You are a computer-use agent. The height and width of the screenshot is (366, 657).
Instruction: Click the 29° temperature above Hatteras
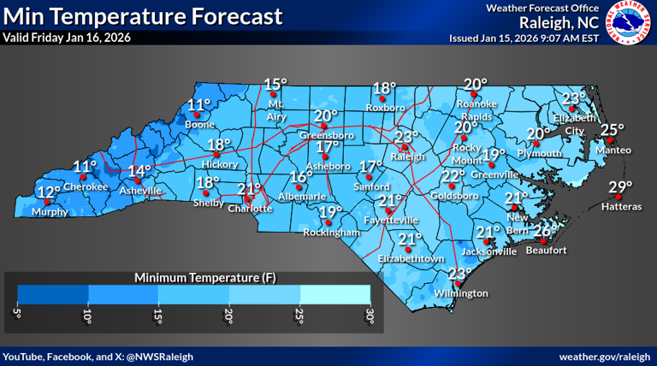[620, 188]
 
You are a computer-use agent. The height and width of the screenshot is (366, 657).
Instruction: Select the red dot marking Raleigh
[405, 147]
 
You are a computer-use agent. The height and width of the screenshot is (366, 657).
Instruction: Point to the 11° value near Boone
[198, 106]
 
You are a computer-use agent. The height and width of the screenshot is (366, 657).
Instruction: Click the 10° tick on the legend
[87, 316]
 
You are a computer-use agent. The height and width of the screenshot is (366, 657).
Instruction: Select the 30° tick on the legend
[370, 316]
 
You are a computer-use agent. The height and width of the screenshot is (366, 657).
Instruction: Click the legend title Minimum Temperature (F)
[193, 278]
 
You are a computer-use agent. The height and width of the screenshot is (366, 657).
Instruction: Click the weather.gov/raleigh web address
[605, 355]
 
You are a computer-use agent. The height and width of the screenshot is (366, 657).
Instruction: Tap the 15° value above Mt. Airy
[275, 84]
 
